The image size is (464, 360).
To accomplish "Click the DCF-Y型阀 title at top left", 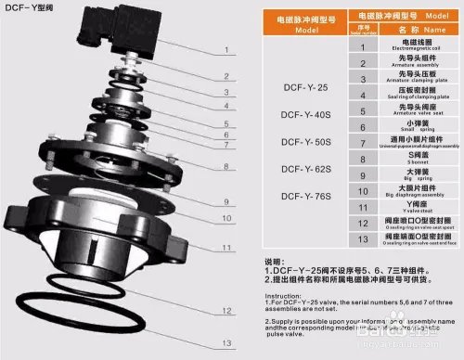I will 29,8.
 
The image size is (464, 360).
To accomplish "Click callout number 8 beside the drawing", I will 224,166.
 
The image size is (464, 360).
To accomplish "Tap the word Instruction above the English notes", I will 263,297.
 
